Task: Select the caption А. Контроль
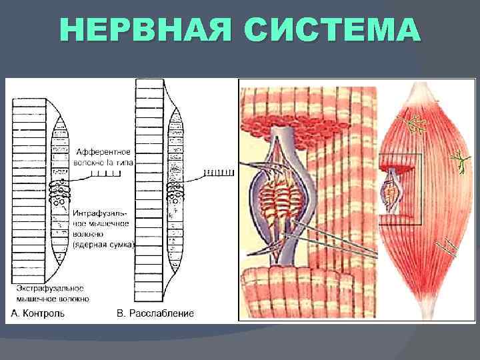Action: click(38, 313)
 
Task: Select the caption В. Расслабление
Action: click(155, 313)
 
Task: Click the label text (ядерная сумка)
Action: click(103, 245)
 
